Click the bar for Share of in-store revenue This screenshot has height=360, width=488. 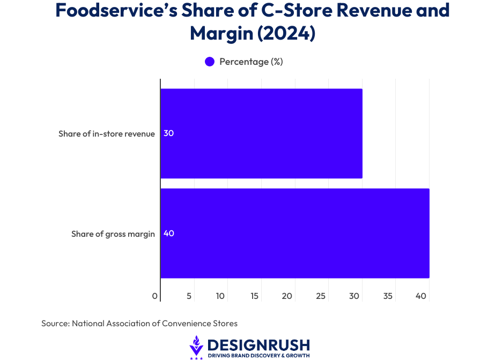[x=261, y=133]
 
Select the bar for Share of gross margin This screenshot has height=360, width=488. [x=294, y=234]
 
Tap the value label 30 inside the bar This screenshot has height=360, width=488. [x=168, y=133]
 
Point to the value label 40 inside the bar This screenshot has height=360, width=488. [x=168, y=234]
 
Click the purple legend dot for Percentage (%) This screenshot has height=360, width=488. [x=210, y=62]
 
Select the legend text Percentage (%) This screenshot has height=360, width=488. [x=251, y=62]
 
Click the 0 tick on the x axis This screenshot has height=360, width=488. [x=155, y=296]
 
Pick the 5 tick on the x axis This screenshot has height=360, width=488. [x=189, y=296]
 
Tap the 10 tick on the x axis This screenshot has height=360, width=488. [x=220, y=296]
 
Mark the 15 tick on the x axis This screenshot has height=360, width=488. [x=254, y=296]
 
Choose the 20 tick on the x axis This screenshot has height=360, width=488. [x=287, y=296]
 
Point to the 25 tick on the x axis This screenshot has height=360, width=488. [x=321, y=296]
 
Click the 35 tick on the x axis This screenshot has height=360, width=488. [x=388, y=296]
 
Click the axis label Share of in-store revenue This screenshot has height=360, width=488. [x=107, y=133]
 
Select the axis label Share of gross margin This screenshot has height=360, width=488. [x=113, y=234]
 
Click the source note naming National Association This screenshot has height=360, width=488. [x=139, y=324]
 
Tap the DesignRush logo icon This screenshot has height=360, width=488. [x=197, y=347]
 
